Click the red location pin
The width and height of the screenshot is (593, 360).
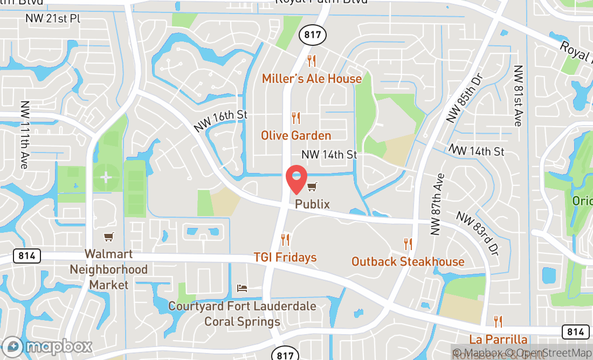[x=296, y=179]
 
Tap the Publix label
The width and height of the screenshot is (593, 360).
[x=312, y=205]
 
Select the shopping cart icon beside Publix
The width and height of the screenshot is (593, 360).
[x=312, y=187]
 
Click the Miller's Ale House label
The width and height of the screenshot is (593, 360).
[x=312, y=79]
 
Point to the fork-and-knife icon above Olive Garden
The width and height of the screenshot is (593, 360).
[x=295, y=117]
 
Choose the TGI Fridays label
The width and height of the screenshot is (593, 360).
[x=285, y=258]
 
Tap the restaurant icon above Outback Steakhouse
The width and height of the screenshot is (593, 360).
[x=408, y=244]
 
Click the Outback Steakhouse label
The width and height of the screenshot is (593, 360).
[x=408, y=262]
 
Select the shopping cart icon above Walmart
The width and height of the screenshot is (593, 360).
[x=109, y=237]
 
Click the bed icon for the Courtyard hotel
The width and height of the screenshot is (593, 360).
[x=242, y=288]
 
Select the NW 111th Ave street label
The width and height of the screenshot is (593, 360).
[x=24, y=135]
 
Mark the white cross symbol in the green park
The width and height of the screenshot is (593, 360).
[x=106, y=177]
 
